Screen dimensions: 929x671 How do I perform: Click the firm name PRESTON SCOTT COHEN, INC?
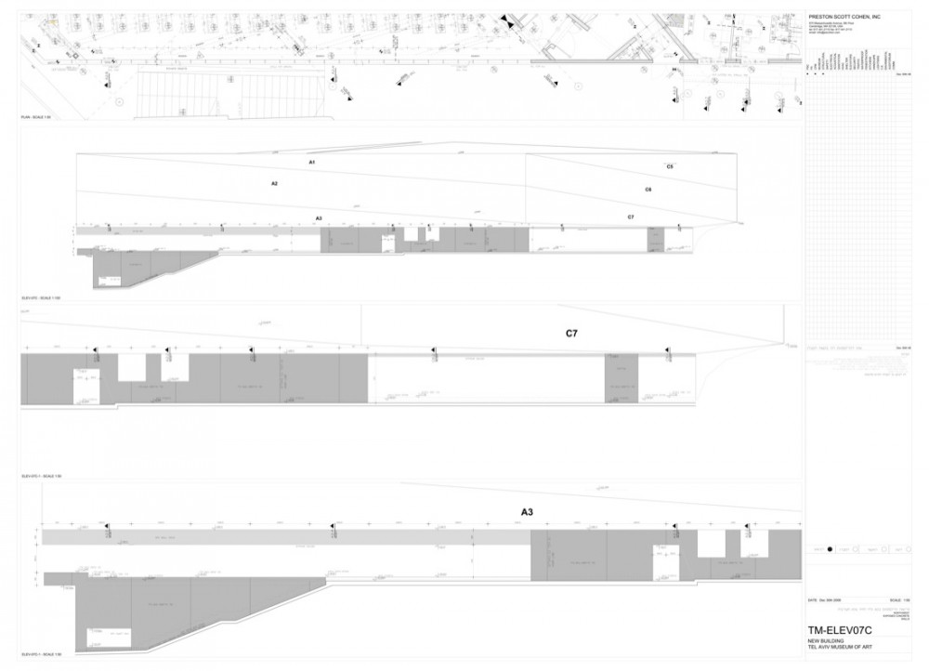point(844,17)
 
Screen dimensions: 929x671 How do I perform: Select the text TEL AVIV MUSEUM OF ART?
point(843,646)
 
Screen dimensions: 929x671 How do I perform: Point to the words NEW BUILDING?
point(824,639)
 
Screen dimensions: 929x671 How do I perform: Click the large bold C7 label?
point(573,332)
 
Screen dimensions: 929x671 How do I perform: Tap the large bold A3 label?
point(527,511)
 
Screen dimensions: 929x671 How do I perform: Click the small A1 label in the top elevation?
point(313,163)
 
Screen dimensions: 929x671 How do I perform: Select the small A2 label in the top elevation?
point(275,184)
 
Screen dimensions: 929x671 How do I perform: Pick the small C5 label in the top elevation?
point(670,165)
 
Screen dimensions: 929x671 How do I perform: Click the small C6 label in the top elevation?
point(648,190)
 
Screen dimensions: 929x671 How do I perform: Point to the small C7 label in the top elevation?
point(631,217)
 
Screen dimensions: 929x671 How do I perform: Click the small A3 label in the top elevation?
point(319,217)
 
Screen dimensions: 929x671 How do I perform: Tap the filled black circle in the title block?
point(830,550)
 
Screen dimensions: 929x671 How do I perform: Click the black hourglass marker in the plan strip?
point(504,19)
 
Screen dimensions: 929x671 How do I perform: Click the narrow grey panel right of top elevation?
point(655,239)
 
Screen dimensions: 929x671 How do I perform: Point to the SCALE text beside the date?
point(895,602)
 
